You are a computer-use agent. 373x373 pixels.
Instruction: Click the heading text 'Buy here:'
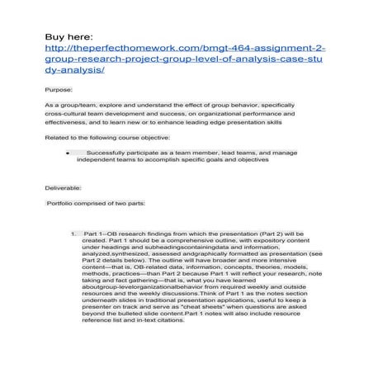pyautogui.click(x=67, y=38)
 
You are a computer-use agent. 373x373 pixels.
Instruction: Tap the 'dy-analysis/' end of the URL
pyautogui.click(x=75, y=72)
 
